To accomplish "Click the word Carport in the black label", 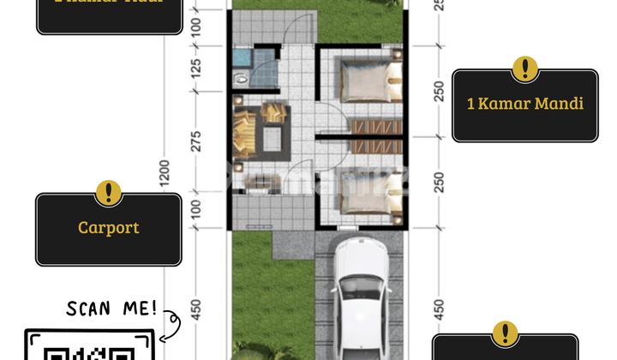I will pyautogui.click(x=108, y=228).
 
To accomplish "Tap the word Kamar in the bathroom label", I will pyautogui.click(x=511, y=104).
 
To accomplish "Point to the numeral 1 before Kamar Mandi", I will pyautogui.click(x=471, y=104).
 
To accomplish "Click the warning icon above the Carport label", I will pyautogui.click(x=108, y=193).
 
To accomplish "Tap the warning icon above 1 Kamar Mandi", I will pyautogui.click(x=524, y=69).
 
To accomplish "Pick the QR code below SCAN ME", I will pyautogui.click(x=90, y=351).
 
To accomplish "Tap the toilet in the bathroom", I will pyautogui.click(x=242, y=78).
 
